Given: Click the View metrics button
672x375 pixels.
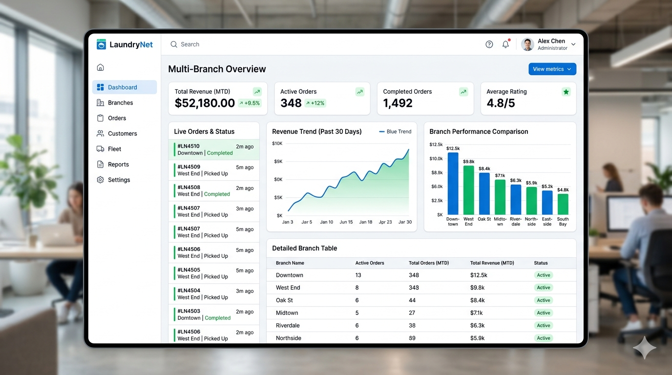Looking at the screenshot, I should point(552,69).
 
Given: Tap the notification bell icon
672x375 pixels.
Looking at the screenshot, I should point(505,44).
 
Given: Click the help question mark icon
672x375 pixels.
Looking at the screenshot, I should point(489,44).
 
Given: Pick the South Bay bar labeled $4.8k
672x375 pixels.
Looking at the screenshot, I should point(563,204).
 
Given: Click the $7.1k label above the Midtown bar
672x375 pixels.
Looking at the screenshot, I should point(500,175).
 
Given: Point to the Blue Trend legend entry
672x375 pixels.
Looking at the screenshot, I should point(395,131).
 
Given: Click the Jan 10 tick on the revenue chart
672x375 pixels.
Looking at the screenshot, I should point(326,222).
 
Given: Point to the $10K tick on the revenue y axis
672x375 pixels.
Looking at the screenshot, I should point(277,144).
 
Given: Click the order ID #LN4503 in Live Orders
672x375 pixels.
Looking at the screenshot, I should point(189,311).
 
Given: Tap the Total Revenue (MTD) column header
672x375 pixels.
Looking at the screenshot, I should point(492,263).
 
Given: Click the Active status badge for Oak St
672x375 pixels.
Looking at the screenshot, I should point(543,300).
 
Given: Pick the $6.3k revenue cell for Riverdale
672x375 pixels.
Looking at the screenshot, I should point(477,326).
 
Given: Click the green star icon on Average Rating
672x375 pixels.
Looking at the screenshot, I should point(566,92).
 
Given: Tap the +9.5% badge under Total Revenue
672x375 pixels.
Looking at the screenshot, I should point(250,103).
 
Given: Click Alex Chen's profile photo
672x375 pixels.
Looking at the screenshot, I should point(527,44).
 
